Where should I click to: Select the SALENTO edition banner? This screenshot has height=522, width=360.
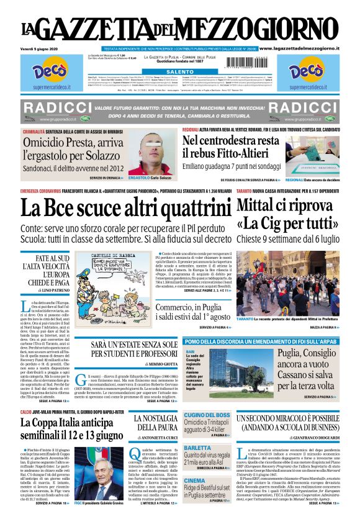(x=179, y=71)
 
